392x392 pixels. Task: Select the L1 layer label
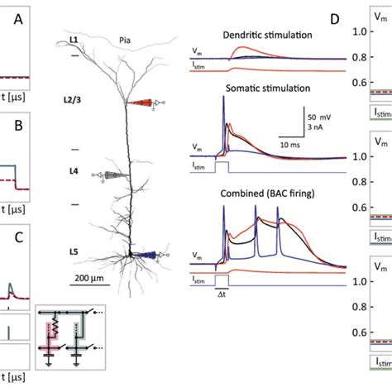[x=74, y=40]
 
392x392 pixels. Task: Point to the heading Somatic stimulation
[x=261, y=87]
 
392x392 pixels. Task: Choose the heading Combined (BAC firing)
[x=261, y=194]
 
